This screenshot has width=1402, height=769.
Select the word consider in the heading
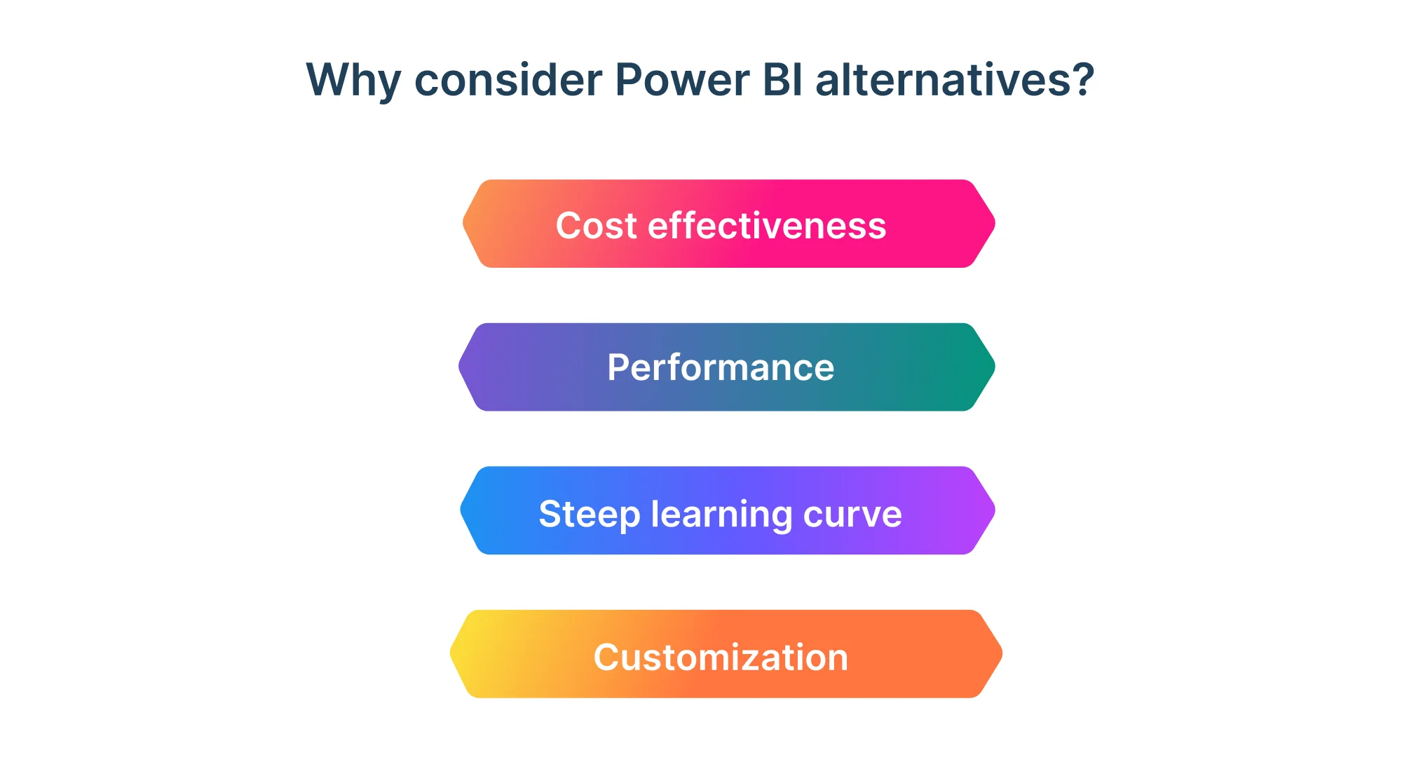click(508, 80)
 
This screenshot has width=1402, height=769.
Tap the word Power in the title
click(681, 80)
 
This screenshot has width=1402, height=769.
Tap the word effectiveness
click(767, 226)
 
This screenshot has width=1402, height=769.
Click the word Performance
click(721, 367)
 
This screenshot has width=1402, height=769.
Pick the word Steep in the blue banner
click(589, 514)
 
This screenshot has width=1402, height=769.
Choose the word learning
click(721, 514)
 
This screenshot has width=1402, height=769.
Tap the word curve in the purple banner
click(852, 514)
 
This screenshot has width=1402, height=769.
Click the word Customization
click(721, 658)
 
